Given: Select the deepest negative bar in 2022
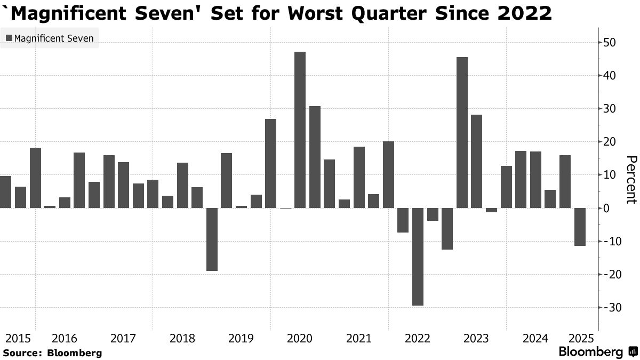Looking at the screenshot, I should [x=418, y=257].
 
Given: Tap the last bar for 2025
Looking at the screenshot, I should [x=580, y=227].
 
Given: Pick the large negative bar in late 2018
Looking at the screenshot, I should [x=212, y=239].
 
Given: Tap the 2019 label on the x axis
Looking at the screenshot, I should [x=239, y=339].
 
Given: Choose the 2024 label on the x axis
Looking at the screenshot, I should [x=535, y=339].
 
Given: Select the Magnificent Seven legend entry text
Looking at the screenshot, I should [x=54, y=38].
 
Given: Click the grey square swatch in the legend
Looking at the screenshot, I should [x=9, y=38].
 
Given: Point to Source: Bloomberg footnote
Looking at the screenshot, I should [x=52, y=353].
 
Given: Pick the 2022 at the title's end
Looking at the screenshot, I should [x=526, y=13].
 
